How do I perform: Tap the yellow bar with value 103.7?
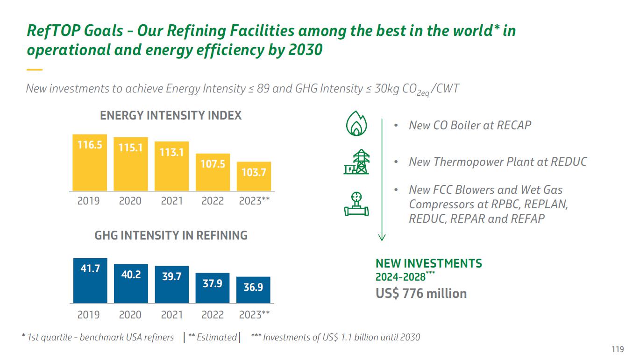tap(254, 176)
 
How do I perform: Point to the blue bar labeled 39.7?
tap(171, 284)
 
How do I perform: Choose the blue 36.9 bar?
tap(253, 290)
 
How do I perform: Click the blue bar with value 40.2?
tap(131, 283)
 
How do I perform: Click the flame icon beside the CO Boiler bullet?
tap(356, 124)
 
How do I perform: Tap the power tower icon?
tap(356, 162)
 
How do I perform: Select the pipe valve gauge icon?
tap(356, 204)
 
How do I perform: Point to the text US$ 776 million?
tap(421, 294)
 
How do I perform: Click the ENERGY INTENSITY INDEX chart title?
tap(171, 115)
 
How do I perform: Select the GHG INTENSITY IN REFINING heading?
tap(171, 235)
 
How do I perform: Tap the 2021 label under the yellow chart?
tap(171, 201)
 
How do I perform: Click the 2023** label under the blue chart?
tap(254, 315)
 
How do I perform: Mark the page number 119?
tap(618, 349)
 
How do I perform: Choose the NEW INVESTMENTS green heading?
tap(429, 263)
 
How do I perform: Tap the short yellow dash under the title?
tap(35, 70)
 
